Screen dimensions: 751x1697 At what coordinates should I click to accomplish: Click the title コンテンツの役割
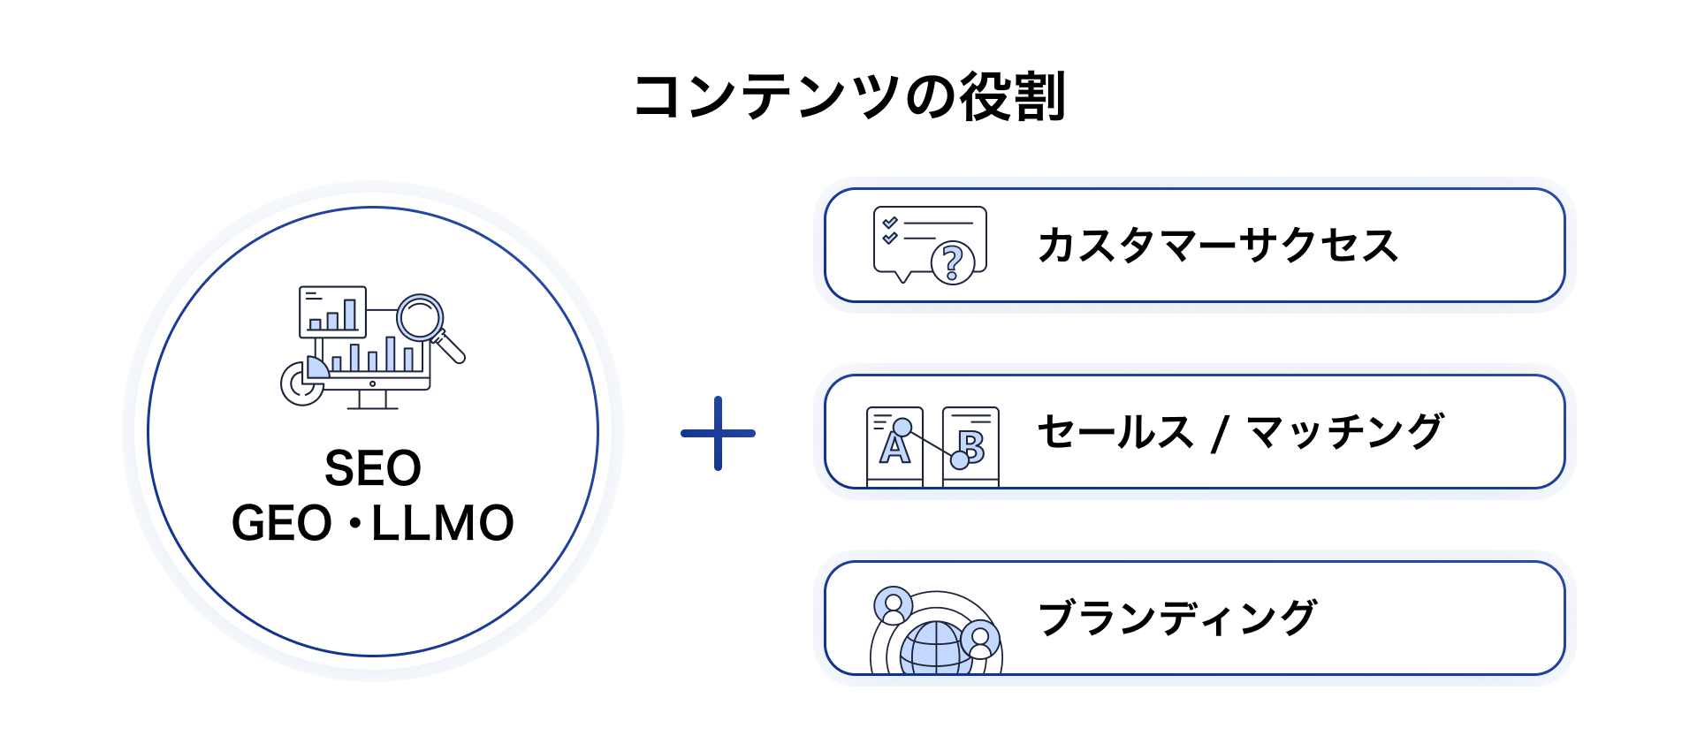tap(849, 96)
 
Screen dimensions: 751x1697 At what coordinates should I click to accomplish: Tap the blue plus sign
tap(718, 433)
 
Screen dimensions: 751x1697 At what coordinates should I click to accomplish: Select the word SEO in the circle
tap(373, 468)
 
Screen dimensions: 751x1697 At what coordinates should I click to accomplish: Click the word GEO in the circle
tap(281, 523)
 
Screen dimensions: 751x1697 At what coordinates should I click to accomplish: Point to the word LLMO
tap(442, 523)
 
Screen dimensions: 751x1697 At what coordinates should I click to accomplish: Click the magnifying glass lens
tap(419, 317)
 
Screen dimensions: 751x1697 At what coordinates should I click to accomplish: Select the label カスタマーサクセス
tap(1218, 246)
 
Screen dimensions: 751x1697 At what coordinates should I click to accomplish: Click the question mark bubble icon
tap(952, 262)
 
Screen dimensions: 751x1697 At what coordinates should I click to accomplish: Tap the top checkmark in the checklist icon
tap(890, 222)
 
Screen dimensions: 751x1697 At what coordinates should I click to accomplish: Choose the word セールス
tap(1115, 432)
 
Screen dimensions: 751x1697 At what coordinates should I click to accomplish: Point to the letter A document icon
tap(894, 446)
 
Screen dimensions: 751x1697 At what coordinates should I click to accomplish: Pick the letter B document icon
tap(971, 446)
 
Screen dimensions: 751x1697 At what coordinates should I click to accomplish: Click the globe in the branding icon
tap(935, 649)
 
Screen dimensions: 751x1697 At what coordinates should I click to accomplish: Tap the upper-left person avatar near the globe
tap(893, 605)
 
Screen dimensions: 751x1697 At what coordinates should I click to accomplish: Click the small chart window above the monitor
tap(332, 311)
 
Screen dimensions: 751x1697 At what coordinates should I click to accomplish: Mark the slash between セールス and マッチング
tap(1221, 433)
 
